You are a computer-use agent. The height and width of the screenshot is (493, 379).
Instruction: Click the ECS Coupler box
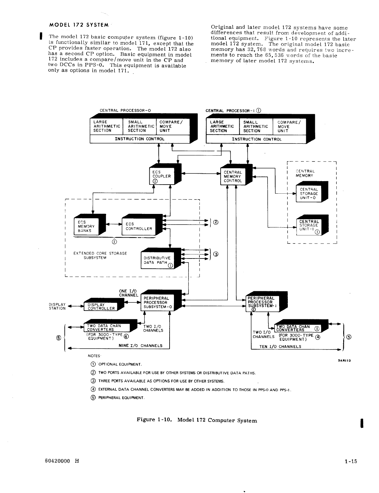[x=161, y=176]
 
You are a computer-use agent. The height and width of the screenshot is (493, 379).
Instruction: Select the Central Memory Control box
[x=233, y=176]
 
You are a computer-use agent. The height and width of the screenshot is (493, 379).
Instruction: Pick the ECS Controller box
[x=139, y=226]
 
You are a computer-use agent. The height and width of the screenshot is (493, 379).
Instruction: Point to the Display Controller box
[x=101, y=307]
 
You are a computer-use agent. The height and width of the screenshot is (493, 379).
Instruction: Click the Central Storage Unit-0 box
[x=309, y=194]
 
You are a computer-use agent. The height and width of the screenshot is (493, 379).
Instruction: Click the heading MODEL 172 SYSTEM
[x=78, y=25]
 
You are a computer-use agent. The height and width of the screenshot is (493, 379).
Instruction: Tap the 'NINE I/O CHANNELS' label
[x=140, y=346]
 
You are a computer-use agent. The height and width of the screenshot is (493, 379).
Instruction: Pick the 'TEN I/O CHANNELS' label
[x=280, y=346]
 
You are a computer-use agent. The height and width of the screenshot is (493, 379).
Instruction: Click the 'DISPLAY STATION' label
[x=58, y=307]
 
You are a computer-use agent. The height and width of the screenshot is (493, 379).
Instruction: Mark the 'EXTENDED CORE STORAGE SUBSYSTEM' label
[x=100, y=255]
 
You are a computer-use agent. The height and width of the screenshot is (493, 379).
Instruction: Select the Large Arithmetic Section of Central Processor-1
[x=222, y=127]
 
